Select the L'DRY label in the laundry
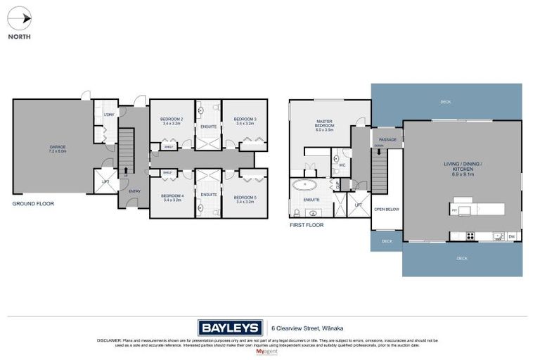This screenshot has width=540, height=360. (x=108, y=115)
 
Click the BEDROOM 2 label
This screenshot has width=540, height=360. (x=172, y=121)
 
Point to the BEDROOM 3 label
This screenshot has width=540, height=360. (x=245, y=121)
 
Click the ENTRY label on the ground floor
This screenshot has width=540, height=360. (x=125, y=190)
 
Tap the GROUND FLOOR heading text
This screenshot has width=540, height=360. (x=33, y=203)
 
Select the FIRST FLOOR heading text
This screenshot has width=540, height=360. (x=307, y=226)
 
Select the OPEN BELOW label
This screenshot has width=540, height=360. (x=387, y=209)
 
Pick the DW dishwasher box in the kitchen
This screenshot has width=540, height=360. (x=511, y=236)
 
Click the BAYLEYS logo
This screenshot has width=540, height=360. (x=228, y=328)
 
